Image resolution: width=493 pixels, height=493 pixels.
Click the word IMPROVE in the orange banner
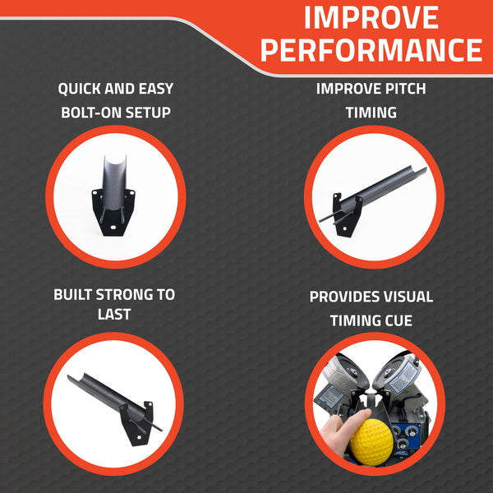(x=371, y=17)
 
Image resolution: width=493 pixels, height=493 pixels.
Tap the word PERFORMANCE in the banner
(x=371, y=50)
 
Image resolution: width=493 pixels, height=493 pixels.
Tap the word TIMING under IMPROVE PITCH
(x=371, y=113)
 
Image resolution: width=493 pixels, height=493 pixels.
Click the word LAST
(x=114, y=315)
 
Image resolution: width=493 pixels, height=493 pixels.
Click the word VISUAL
(x=404, y=297)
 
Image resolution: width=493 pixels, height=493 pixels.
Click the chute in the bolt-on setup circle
(x=114, y=183)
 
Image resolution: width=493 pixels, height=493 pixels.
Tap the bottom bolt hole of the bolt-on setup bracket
(x=113, y=227)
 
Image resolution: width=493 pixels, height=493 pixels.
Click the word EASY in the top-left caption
(x=156, y=89)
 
